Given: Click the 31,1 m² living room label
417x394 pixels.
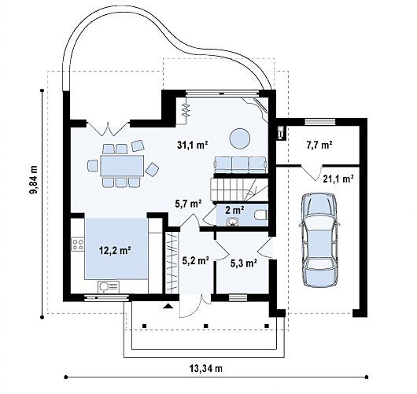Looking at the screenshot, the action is coord(193,145).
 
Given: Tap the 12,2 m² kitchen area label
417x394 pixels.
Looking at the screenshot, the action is coord(115,250).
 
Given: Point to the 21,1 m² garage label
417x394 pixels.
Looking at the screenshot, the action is coord(338,179).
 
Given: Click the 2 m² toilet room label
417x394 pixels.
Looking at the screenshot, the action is coord(234,210).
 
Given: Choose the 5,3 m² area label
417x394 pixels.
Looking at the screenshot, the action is coord(244,263).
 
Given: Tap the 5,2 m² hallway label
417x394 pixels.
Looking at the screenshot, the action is coord(195,260).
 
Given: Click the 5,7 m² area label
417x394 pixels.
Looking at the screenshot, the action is coord(188,204).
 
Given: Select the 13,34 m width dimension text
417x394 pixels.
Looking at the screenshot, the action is coord(206,369).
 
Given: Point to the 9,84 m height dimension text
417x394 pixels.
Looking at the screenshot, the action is coord(34,179).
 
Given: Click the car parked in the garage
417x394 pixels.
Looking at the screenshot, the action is coord(319,240).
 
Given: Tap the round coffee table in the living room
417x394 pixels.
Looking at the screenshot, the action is coord(240,138).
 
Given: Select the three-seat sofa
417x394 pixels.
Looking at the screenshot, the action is coord(241,165).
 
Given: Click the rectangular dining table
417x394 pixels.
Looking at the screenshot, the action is coord(122,166).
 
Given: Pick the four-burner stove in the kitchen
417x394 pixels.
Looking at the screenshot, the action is coord(78,245).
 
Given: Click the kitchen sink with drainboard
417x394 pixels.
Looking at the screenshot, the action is coord(109,286).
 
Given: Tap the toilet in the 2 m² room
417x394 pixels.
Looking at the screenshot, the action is coord(261,215).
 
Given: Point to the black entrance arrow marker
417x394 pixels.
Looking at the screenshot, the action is coord(168,307).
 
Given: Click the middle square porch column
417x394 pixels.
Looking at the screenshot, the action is coord(205,326).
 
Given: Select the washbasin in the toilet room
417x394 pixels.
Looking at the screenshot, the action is coord(233,222).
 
